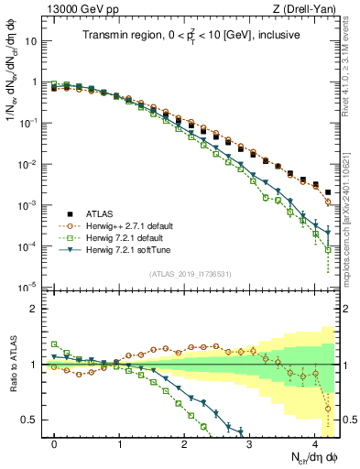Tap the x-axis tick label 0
tap(55, 443)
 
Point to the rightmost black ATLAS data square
tap(328, 192)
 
